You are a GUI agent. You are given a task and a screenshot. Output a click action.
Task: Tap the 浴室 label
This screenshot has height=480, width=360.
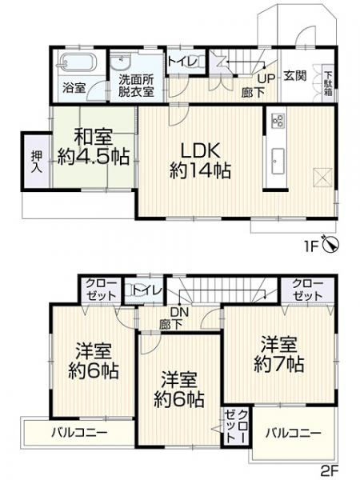tap(74, 88)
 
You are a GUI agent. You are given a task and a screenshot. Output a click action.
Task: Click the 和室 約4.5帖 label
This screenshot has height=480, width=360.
tap(93, 147)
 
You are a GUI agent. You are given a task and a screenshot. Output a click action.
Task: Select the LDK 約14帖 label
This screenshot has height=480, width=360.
tap(200, 159)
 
